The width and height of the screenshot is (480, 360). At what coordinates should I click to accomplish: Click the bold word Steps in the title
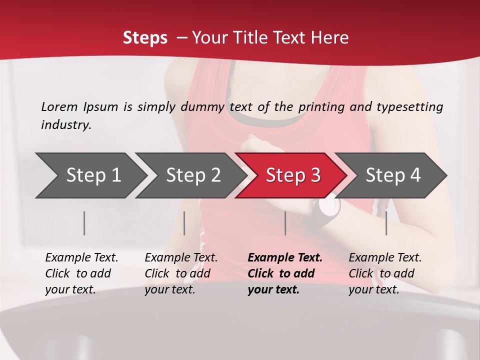point(145,37)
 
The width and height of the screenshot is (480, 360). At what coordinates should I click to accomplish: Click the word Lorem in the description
point(59,106)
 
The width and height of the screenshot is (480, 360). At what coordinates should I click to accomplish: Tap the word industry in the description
point(66,125)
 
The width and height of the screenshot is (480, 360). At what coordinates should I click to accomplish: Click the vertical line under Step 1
point(84,223)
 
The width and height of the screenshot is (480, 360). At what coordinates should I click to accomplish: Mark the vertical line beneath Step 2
point(184,223)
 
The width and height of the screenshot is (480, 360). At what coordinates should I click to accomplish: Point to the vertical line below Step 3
point(285,223)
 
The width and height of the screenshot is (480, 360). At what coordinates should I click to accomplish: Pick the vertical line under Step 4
point(386,223)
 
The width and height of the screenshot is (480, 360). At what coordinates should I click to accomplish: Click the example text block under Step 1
point(81,273)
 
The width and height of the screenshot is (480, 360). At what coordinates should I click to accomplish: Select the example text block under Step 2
point(181,273)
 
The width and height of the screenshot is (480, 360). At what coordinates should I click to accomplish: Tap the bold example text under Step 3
point(285,273)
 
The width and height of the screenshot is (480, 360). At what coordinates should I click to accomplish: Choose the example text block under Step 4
point(385,273)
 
